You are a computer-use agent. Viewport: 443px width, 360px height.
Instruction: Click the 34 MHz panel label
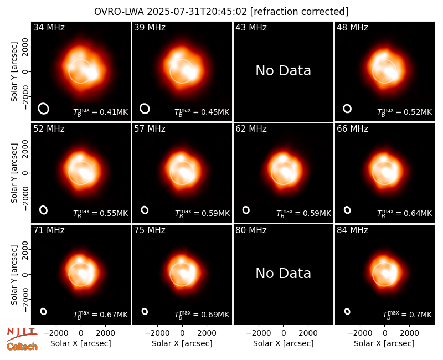point(49,27)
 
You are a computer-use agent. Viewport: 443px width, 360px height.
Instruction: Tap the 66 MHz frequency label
point(352,129)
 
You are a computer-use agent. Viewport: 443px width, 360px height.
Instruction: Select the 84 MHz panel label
point(352,230)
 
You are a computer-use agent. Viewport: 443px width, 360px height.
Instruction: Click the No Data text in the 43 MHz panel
point(283,71)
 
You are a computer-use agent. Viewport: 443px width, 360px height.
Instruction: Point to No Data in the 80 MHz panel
point(283,273)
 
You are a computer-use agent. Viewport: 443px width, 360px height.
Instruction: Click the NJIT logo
point(22,333)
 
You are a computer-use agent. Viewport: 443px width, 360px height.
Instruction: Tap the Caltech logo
point(22,347)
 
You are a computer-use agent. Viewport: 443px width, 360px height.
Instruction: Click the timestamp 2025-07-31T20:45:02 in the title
point(197,12)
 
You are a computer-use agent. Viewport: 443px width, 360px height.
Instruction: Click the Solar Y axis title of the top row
point(14,72)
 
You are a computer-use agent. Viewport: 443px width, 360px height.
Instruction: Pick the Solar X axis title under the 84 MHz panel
point(384,343)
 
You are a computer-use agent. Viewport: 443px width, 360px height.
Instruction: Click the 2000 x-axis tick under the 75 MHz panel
point(207,333)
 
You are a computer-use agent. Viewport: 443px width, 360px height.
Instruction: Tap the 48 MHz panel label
point(352,27)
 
